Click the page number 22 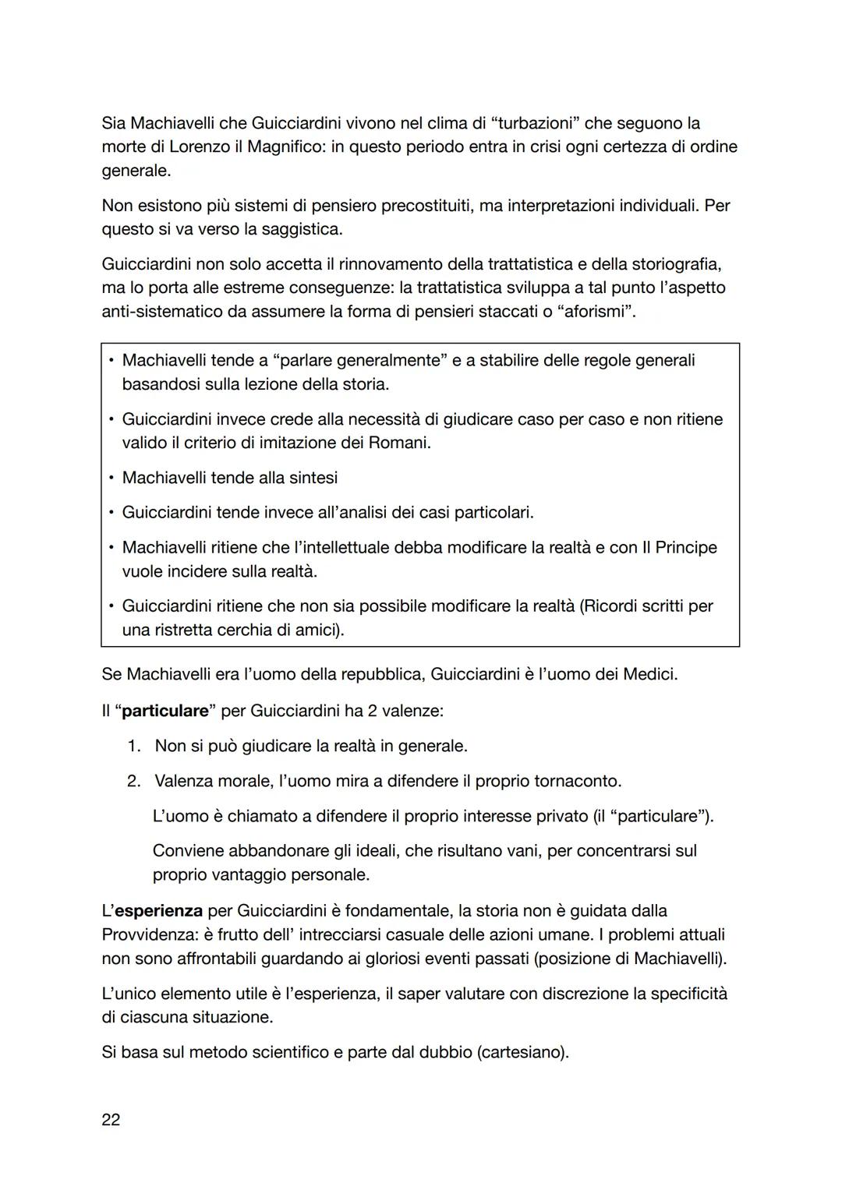[x=111, y=1120]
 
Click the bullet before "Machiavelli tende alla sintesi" [x=111, y=478]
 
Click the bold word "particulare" [x=165, y=711]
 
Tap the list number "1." [x=134, y=746]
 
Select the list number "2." [x=134, y=781]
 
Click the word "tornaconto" [x=576, y=781]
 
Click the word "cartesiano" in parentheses [x=521, y=1052]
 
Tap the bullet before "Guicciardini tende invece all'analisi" [x=111, y=513]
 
